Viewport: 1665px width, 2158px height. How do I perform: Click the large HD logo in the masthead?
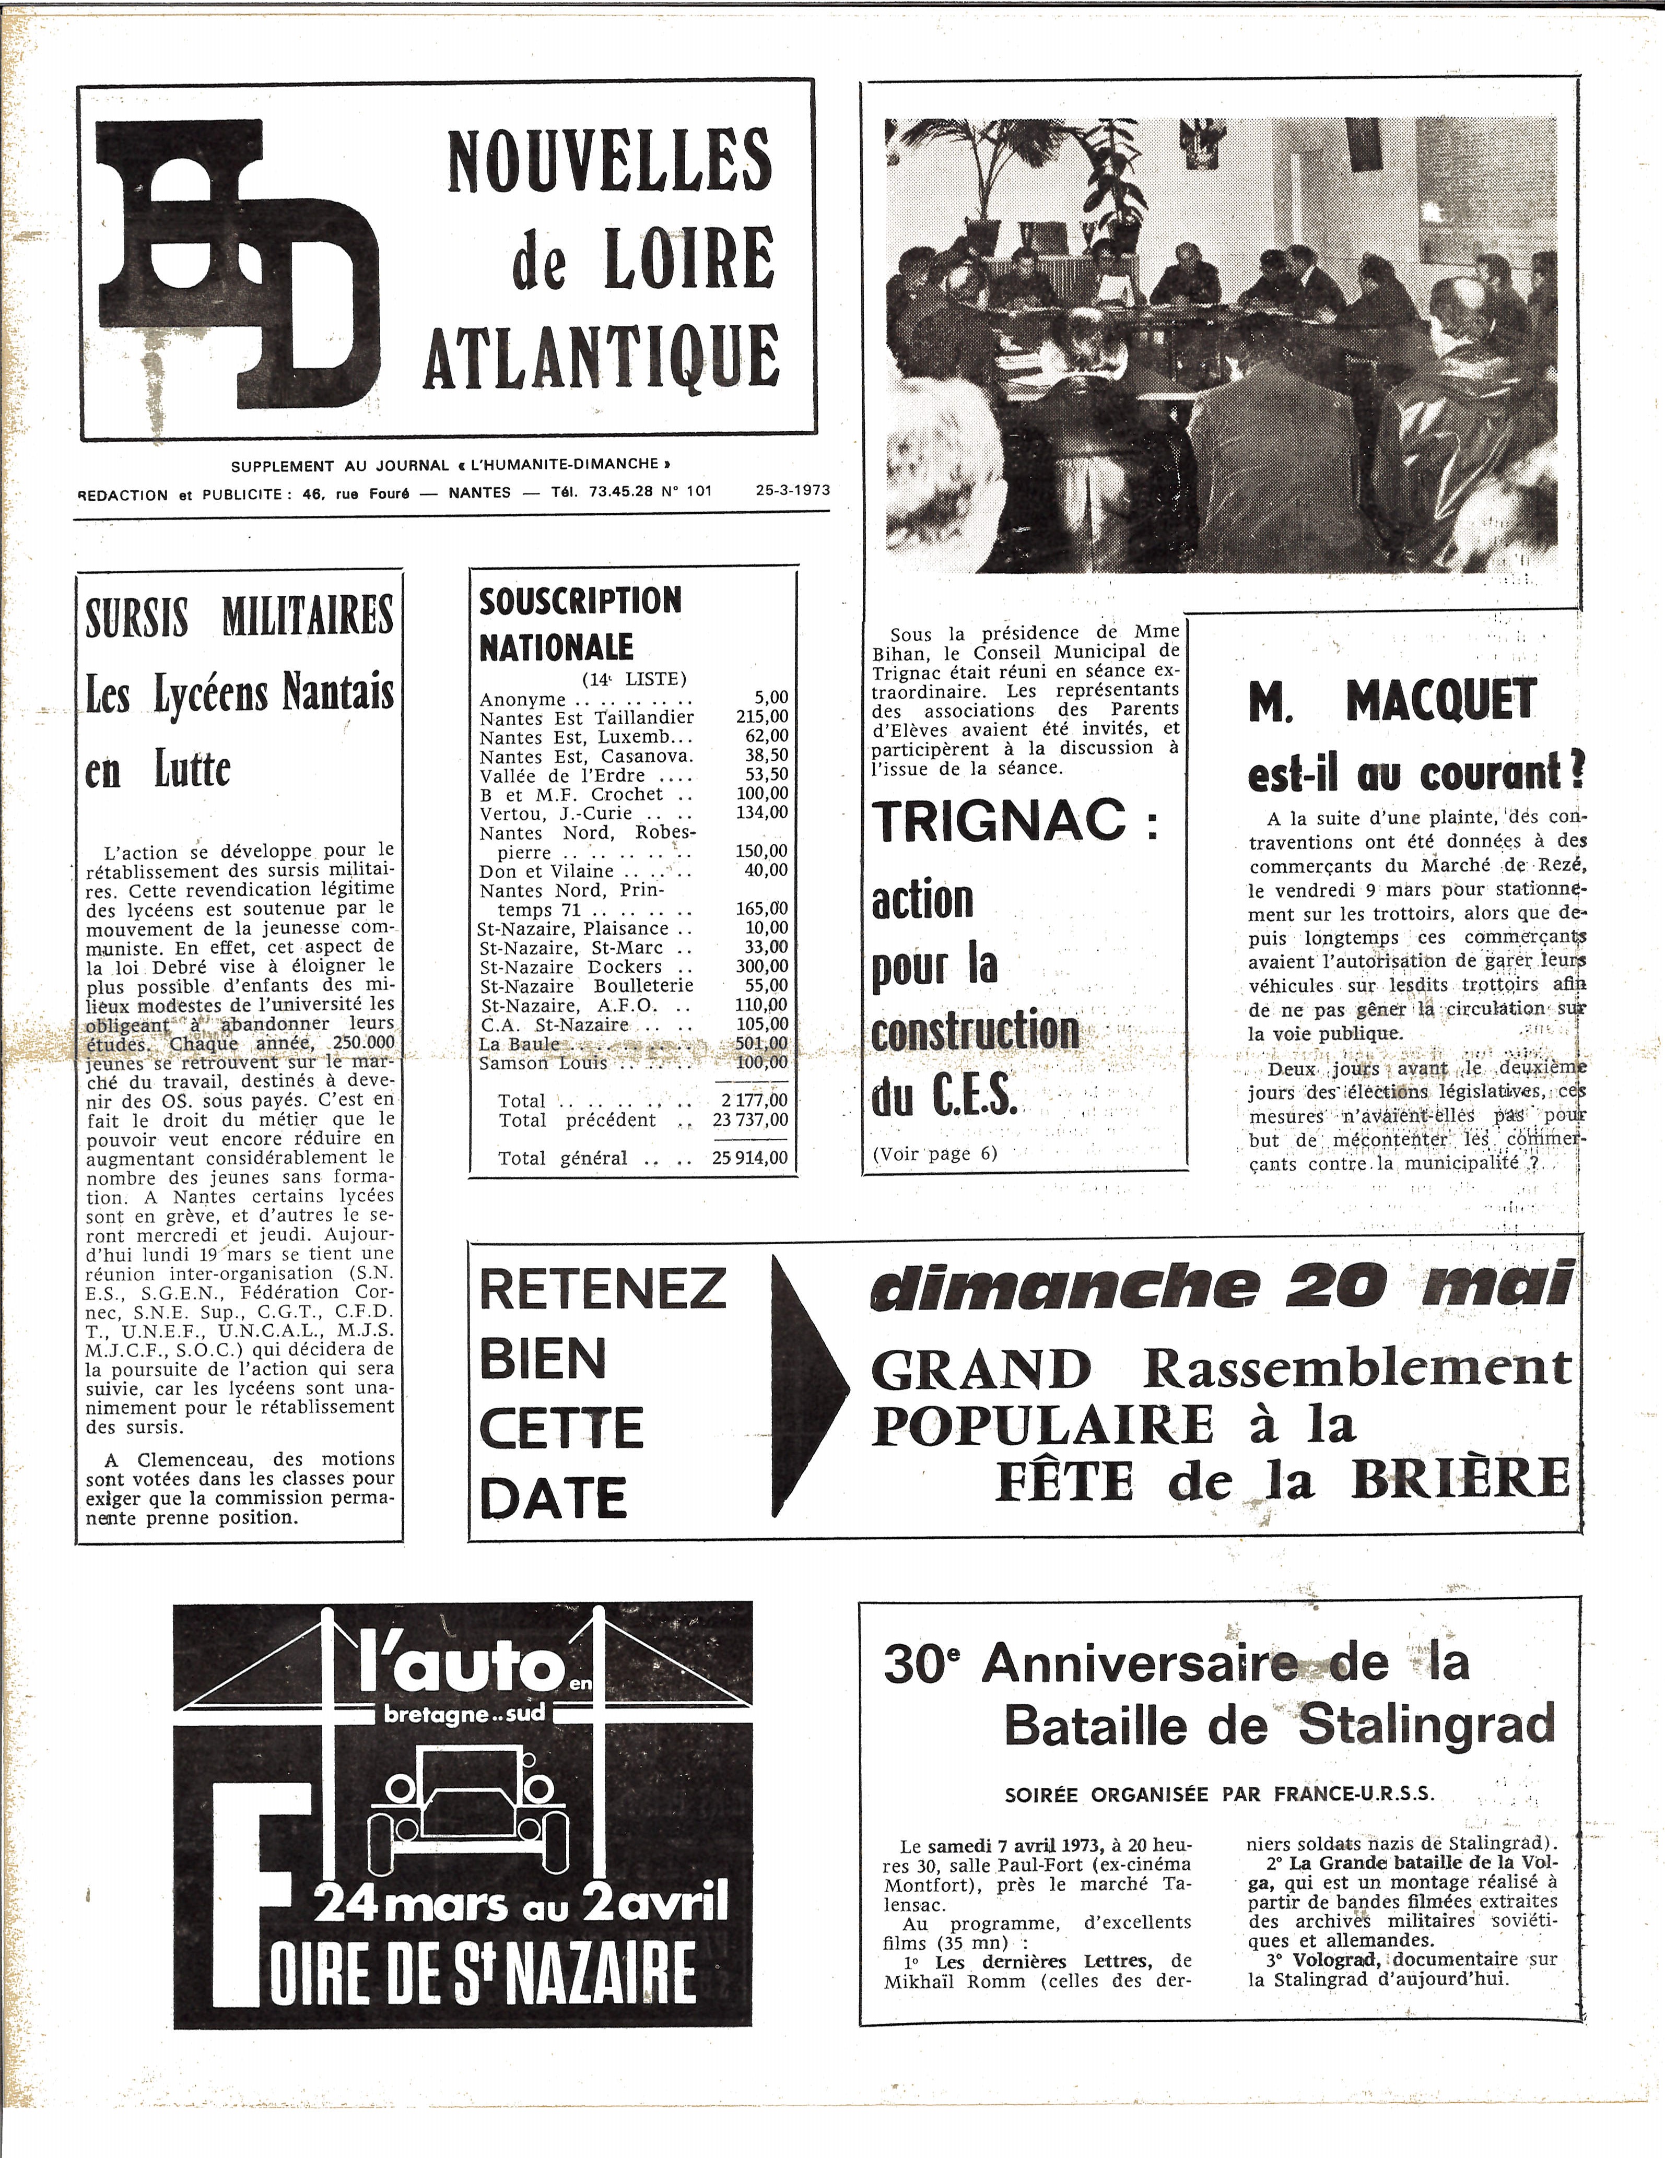(x=237, y=262)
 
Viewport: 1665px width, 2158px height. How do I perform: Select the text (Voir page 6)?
(x=934, y=1153)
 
